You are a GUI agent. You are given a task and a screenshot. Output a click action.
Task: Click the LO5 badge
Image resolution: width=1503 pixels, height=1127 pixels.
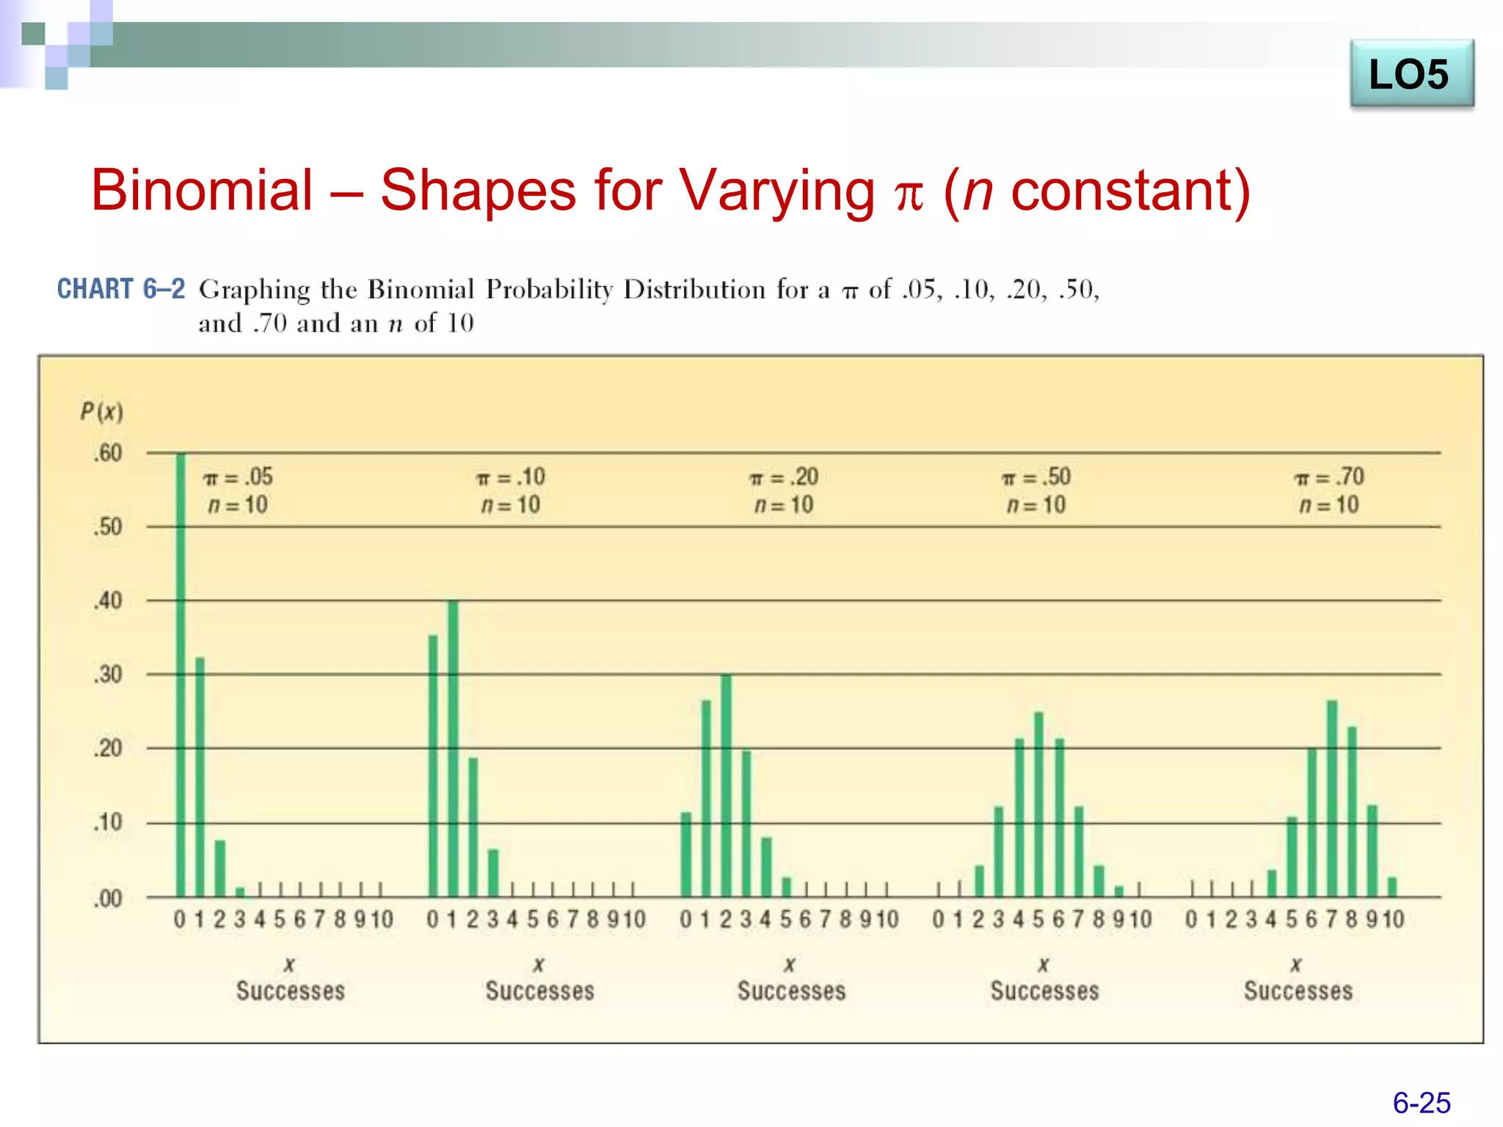click(1411, 74)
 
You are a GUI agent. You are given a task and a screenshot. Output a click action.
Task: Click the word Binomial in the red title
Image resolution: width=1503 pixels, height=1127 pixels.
click(202, 190)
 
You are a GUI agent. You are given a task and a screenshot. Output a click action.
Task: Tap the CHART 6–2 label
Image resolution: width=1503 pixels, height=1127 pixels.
click(121, 289)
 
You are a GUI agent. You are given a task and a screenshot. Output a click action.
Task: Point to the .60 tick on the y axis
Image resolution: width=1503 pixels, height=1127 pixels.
click(108, 453)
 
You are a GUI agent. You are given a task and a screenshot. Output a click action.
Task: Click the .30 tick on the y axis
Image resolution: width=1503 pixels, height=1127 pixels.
click(108, 674)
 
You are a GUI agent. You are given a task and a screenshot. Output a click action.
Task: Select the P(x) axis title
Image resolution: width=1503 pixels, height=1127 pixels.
click(101, 411)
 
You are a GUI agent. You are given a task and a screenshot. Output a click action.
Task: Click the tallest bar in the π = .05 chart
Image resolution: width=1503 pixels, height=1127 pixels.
click(181, 675)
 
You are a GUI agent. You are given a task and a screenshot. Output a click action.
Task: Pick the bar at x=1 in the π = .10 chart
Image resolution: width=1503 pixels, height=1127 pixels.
click(453, 748)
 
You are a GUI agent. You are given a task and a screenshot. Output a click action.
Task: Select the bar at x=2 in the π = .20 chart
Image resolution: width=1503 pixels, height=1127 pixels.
click(726, 785)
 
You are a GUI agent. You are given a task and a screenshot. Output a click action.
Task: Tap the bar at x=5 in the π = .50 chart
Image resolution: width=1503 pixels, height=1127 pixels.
click(1038, 804)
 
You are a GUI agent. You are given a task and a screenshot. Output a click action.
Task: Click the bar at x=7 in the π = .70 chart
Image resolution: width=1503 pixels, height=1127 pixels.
click(1332, 798)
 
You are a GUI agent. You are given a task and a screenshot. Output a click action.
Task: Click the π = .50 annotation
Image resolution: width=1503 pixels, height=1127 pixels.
click(1036, 478)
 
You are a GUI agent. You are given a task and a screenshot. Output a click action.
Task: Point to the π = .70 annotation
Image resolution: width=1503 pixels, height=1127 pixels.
click(1328, 478)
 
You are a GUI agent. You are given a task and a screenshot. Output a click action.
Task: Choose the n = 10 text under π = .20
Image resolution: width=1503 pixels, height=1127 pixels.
click(784, 505)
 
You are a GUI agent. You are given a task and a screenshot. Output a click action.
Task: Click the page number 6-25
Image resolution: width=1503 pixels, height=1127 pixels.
click(1421, 1103)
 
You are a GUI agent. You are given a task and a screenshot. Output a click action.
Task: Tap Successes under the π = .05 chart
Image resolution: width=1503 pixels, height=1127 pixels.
click(290, 991)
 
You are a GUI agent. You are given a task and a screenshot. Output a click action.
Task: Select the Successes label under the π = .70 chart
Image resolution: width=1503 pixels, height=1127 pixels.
click(1298, 991)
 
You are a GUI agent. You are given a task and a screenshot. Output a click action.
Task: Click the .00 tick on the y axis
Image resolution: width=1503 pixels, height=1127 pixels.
click(108, 898)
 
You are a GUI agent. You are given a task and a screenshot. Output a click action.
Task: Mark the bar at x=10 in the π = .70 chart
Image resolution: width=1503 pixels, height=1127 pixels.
click(1392, 886)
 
